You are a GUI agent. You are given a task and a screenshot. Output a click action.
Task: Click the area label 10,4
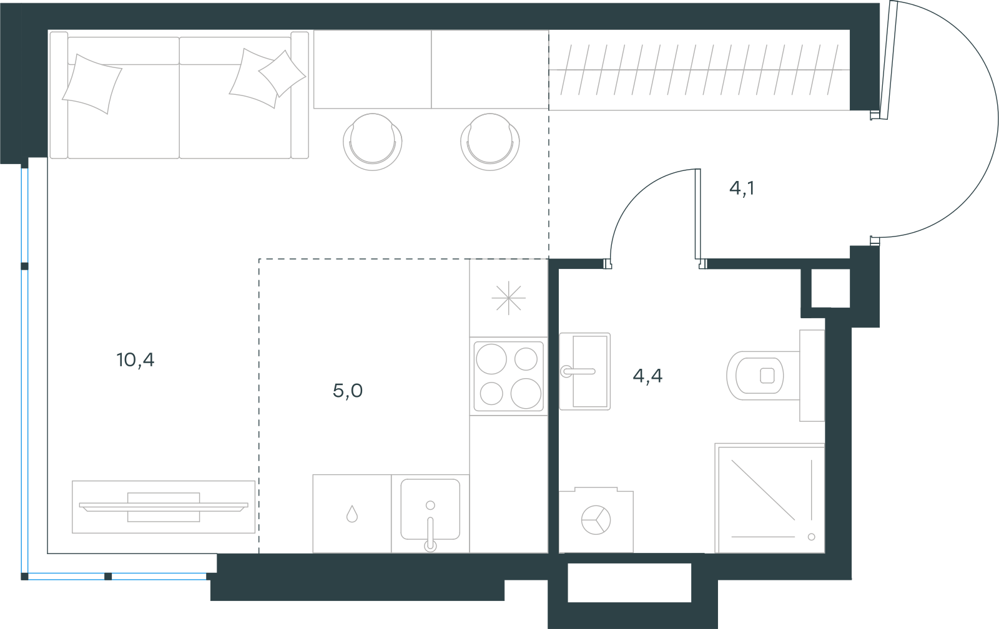click(x=135, y=360)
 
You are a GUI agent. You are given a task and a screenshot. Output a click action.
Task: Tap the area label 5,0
click(x=348, y=391)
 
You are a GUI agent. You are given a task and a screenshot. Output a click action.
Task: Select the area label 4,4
click(x=647, y=376)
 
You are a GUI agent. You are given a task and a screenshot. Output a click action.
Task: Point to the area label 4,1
click(x=742, y=188)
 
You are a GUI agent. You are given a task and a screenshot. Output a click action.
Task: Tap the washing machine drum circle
click(x=596, y=520)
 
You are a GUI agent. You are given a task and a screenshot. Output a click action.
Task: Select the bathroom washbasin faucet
click(x=578, y=371)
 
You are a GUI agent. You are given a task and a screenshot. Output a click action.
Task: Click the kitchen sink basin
click(x=430, y=509)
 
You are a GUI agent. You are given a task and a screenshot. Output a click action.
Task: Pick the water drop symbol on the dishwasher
click(x=352, y=514)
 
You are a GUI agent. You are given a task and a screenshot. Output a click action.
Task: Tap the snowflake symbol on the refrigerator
click(x=508, y=298)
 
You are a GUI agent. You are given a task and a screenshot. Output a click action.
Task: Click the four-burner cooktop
click(x=508, y=376)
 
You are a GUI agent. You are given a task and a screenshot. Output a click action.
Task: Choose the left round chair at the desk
click(x=372, y=142)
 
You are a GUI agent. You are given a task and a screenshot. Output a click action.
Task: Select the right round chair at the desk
click(x=490, y=142)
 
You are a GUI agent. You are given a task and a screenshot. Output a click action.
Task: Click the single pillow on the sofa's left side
click(x=92, y=84)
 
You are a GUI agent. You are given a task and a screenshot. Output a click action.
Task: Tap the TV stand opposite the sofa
click(x=164, y=507)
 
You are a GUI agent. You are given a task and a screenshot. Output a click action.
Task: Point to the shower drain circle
click(x=811, y=537)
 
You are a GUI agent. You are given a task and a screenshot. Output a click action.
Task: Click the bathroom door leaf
click(x=697, y=214)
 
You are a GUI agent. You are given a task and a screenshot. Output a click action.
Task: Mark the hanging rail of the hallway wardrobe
click(x=699, y=70)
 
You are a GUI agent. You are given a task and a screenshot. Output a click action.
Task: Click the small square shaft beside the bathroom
click(x=830, y=288)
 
